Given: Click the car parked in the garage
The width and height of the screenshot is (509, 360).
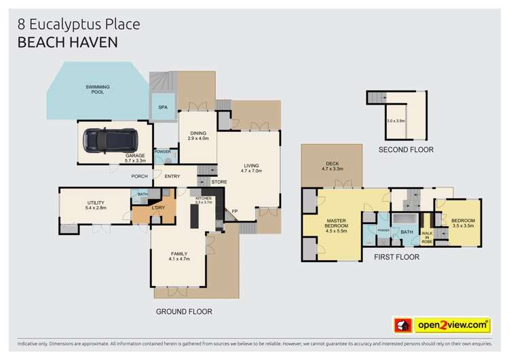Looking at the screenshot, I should (x=109, y=141).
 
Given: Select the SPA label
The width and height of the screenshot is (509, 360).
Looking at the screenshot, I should (x=163, y=107).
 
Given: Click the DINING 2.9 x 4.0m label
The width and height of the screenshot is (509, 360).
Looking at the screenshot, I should (x=198, y=136).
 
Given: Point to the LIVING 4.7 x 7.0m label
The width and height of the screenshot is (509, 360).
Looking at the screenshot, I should (x=252, y=167).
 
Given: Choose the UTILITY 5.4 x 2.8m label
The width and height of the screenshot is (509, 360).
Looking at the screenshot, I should (x=94, y=204).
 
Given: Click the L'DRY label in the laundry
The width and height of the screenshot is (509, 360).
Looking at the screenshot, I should (x=158, y=206).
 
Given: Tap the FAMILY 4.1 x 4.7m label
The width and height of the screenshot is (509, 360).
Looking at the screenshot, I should (x=178, y=256).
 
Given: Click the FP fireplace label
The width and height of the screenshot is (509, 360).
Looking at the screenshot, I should (x=235, y=211).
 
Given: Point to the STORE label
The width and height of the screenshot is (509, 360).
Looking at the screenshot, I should (x=219, y=181).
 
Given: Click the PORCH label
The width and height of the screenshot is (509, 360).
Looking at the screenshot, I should (x=140, y=177).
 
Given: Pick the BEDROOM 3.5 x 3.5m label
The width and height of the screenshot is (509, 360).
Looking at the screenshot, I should (x=463, y=223).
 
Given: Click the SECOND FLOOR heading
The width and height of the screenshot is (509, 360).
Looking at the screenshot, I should (x=405, y=149).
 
